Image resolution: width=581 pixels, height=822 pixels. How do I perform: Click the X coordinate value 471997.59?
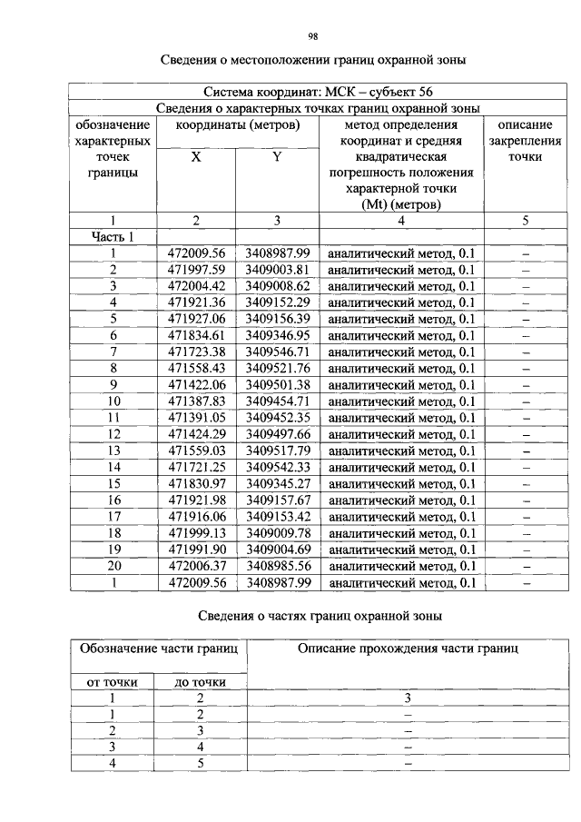point(196,270)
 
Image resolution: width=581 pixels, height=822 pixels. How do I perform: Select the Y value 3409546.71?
point(278,352)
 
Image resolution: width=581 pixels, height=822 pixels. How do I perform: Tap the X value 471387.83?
point(196,401)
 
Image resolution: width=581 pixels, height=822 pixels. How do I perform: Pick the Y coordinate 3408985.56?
point(278,565)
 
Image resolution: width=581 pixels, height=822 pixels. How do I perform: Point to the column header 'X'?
point(196,156)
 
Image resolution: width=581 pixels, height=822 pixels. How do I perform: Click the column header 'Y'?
point(278,156)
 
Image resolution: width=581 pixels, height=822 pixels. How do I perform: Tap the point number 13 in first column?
point(113,451)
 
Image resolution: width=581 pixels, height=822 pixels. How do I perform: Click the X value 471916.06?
point(196,516)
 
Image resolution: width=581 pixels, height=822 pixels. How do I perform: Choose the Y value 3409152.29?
point(278,302)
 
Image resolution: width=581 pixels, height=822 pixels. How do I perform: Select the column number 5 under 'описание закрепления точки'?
point(525,220)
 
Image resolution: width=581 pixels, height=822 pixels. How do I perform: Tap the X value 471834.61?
point(196,335)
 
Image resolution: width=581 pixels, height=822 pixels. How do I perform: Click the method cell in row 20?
point(401,565)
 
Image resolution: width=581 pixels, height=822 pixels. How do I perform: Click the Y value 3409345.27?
point(278,483)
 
